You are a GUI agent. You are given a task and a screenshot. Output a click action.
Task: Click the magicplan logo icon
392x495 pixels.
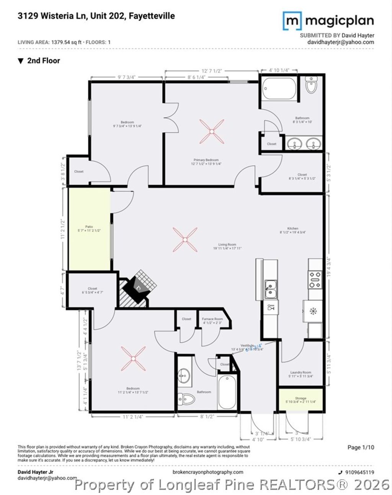[292, 21]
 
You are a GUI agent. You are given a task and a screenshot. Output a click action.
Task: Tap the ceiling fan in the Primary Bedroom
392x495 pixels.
[211, 131]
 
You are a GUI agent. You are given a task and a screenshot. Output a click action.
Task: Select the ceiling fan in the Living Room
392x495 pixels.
[185, 240]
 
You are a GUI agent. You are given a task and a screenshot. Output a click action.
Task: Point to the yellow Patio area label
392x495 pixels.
[89, 229]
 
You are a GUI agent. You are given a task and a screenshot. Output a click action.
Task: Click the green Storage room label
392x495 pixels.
[301, 400]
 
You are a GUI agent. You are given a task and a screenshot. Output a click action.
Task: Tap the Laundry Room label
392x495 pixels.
[301, 374]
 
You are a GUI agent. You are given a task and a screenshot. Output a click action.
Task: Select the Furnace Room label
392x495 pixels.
[212, 321]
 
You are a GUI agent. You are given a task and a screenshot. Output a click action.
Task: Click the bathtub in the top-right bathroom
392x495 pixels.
[279, 89]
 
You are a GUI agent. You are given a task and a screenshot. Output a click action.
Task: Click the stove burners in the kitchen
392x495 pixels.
[315, 280]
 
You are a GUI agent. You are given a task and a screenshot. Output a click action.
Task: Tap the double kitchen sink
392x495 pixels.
[271, 289]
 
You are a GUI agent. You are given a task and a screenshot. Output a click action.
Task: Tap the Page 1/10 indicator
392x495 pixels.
[361, 447]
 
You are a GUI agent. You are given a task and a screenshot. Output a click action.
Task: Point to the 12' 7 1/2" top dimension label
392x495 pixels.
[212, 71]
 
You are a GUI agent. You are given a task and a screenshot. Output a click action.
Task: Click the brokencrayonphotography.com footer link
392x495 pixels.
[208, 472]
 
